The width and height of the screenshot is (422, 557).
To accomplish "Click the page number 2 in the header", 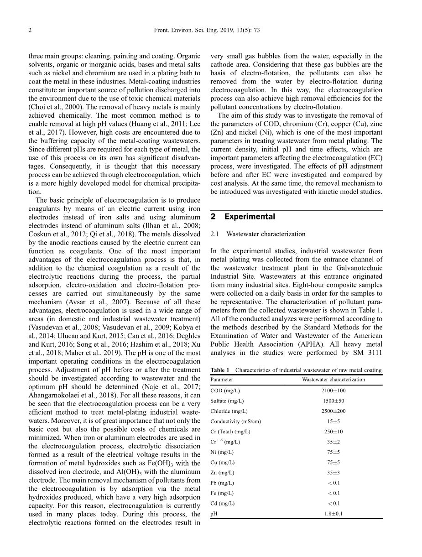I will (x=30, y=31).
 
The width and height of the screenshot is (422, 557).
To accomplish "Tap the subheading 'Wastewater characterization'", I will (x=266, y=234).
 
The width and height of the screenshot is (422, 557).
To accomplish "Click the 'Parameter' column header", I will (x=222, y=380).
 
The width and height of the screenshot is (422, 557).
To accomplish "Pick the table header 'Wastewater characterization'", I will (x=333, y=380).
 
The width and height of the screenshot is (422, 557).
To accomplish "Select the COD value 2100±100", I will (x=333, y=390).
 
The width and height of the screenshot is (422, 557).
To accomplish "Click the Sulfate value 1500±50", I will (x=333, y=401).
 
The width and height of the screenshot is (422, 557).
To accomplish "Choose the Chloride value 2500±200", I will (x=333, y=411).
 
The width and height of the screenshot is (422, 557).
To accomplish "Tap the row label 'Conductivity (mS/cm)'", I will (x=235, y=422).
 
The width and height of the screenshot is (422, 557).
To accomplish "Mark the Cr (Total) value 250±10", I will (x=333, y=432).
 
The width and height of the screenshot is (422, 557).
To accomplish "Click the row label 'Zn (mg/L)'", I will (x=222, y=473).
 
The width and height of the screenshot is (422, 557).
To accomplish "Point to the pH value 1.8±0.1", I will (x=333, y=514).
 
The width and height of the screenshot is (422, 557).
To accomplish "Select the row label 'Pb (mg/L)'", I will (x=222, y=483).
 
